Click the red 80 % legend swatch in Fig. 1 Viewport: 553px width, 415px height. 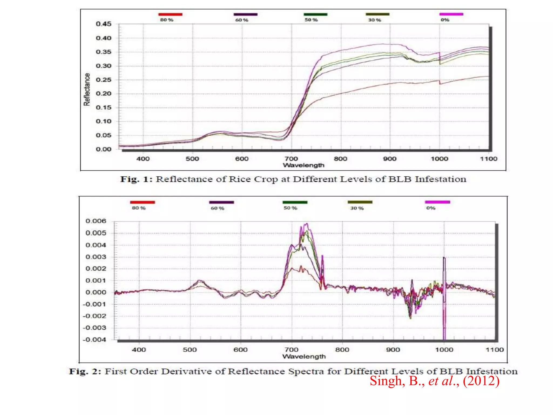(170, 14)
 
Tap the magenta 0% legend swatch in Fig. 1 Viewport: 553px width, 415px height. (451, 14)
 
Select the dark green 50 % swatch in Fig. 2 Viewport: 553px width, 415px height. (295, 202)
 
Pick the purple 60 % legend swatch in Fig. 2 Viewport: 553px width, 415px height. (221, 202)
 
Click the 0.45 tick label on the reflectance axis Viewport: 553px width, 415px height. (103, 24)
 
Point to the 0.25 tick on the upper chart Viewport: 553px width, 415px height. (103, 80)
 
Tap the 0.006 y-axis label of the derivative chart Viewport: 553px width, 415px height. (96, 221)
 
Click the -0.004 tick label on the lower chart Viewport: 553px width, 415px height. (95, 340)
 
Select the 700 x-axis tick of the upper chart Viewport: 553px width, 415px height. (291, 159)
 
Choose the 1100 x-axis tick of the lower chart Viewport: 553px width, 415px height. (495, 350)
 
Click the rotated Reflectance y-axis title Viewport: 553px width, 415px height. (87, 89)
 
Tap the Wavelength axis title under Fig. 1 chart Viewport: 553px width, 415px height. (304, 165)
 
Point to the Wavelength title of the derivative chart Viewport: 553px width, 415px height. (304, 357)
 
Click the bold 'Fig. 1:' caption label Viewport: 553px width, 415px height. (136, 179)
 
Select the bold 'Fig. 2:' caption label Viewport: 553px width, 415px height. (85, 372)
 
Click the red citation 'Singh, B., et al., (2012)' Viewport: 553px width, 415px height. (434, 381)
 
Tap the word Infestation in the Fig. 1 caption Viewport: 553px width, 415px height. (440, 179)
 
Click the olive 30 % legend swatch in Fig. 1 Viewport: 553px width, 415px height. (377, 14)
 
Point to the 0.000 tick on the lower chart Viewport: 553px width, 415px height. (96, 292)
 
